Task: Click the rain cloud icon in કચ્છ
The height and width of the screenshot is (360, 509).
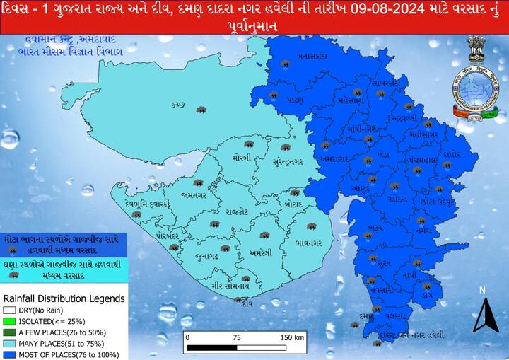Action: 201,110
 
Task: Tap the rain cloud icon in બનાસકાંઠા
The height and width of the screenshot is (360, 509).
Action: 286,64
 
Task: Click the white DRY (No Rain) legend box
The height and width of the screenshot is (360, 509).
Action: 9,309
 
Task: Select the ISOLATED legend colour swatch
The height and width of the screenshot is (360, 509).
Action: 9,320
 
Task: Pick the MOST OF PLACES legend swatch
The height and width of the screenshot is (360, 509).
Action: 9,354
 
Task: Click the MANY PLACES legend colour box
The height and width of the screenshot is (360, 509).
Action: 9,343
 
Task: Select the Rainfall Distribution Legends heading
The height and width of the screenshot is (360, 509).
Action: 64,298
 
